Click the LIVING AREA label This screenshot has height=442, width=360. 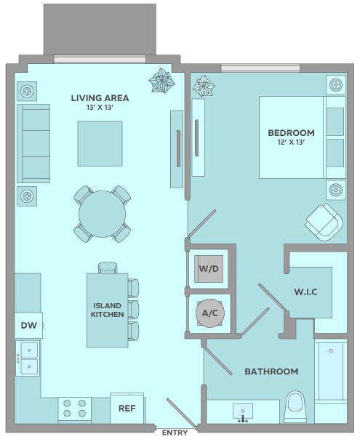pos(100,98)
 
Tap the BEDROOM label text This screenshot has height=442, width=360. pos(291,133)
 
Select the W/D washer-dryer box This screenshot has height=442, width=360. pos(209,269)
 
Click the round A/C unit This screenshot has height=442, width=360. pos(210,313)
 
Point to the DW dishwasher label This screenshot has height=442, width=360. pos(29,325)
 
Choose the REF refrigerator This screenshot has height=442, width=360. pos(127,408)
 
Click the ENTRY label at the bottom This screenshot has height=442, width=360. pos(175,433)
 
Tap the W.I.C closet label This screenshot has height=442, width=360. pos(305,292)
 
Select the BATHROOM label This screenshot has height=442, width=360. pos(271,371)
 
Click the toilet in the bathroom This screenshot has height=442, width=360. pos(295,407)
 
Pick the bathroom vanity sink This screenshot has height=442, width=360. pos(243,413)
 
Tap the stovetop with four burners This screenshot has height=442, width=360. pos(75,409)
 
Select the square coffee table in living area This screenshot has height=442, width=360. pos(100,144)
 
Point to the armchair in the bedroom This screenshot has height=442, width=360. pos(324,222)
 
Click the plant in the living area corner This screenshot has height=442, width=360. pos(161,81)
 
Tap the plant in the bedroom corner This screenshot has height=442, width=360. pos(204,86)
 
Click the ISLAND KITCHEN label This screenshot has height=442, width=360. pos(107,310)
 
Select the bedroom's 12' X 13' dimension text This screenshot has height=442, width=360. pos(291,142)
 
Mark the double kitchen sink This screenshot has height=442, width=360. pos(28,358)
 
